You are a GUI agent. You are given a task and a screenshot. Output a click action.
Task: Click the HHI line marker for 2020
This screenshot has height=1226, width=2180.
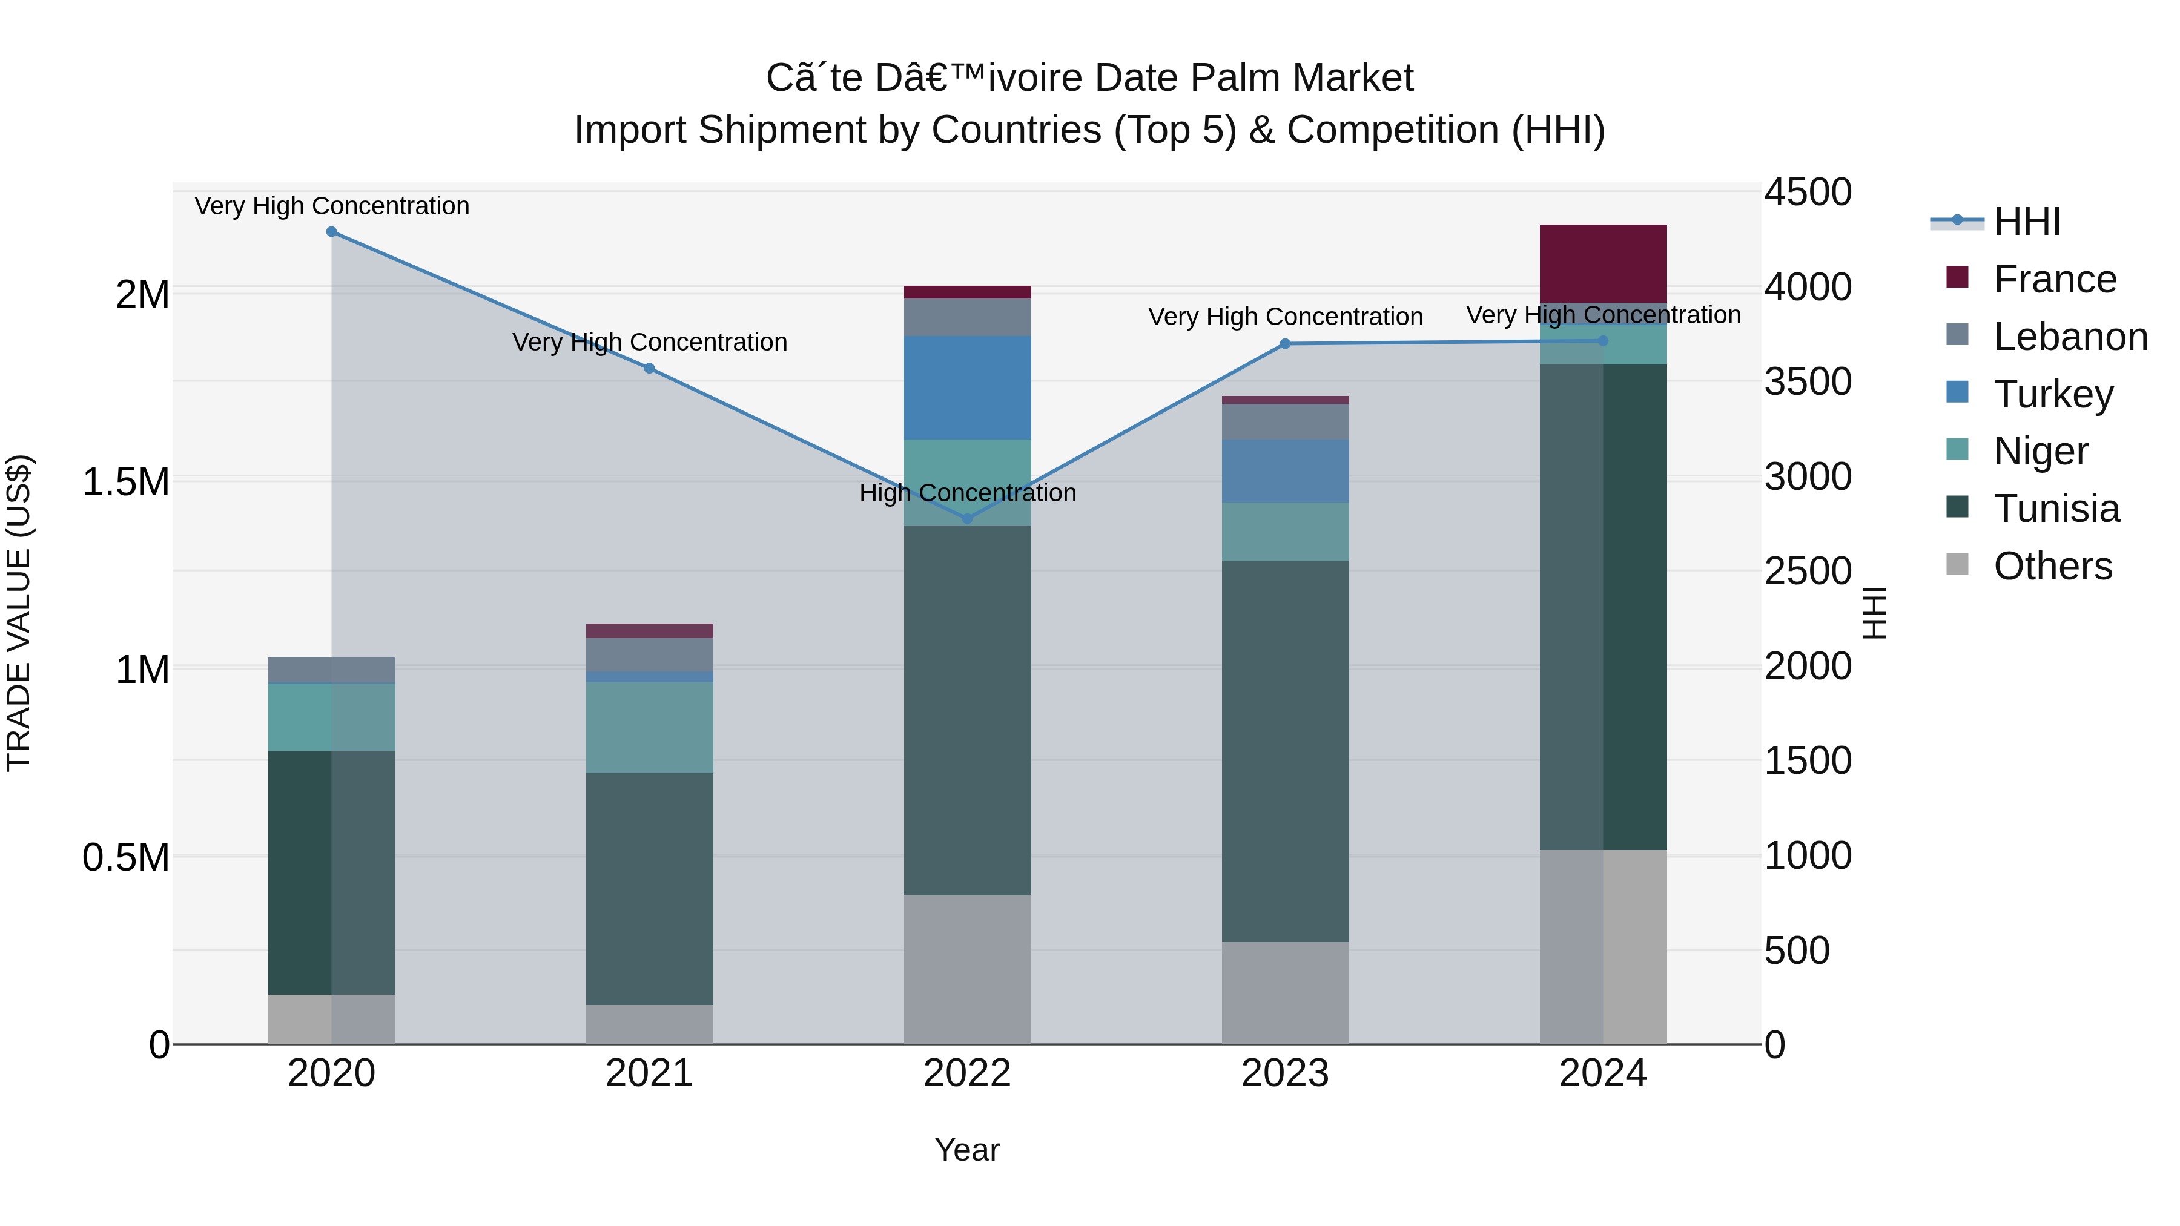point(332,232)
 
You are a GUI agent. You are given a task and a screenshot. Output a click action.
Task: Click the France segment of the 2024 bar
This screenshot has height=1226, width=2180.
point(1603,263)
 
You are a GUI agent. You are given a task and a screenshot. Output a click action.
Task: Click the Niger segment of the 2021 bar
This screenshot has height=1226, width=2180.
point(649,728)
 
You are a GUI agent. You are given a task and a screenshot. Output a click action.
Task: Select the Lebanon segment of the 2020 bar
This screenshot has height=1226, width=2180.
point(332,670)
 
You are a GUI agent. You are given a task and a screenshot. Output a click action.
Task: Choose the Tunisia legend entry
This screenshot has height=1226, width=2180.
point(2056,509)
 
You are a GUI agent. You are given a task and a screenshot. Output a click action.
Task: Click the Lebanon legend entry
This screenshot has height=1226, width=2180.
point(2070,337)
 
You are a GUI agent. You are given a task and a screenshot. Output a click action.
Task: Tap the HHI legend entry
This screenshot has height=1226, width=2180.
point(2026,222)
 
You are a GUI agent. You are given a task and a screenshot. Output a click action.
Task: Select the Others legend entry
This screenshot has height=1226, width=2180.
point(2052,567)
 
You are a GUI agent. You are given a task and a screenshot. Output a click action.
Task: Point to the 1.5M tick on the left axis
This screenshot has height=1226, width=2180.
point(126,483)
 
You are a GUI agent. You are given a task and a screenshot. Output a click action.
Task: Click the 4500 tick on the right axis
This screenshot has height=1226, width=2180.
point(1808,192)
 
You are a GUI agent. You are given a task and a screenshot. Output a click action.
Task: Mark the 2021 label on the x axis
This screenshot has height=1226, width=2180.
point(649,1073)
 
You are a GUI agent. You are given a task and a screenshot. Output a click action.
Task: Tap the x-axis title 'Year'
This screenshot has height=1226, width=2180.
point(967,1150)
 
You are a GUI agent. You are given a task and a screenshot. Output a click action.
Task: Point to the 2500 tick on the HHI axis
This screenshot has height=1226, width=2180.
point(1808,571)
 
